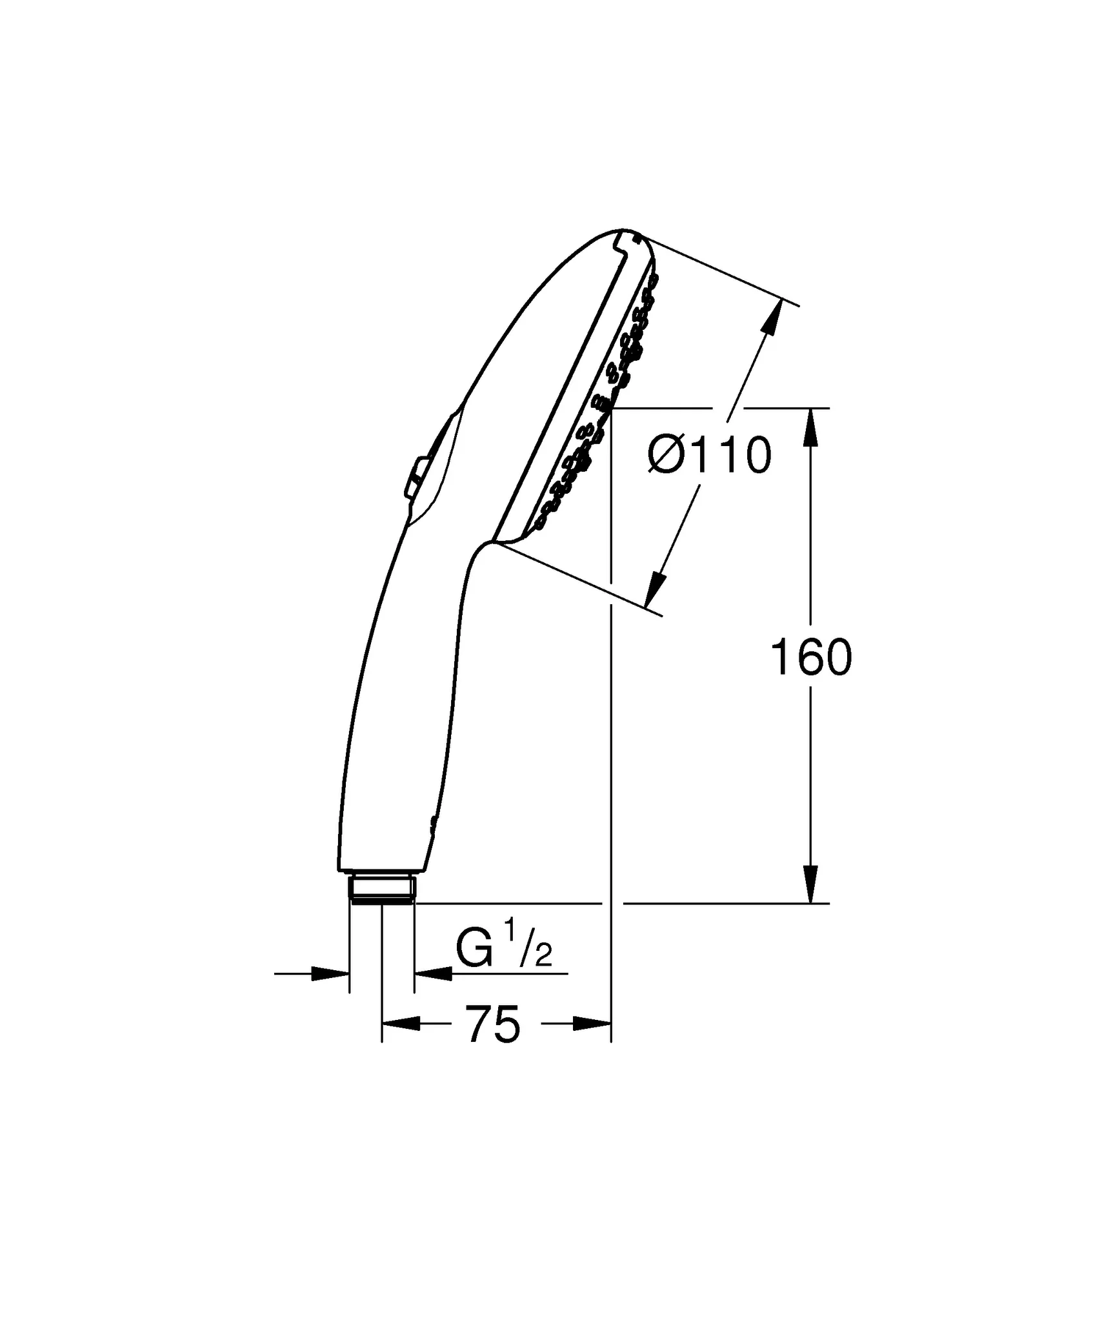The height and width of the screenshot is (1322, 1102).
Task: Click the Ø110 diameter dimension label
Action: [x=710, y=455]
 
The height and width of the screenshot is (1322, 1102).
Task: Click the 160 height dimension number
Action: [x=811, y=658]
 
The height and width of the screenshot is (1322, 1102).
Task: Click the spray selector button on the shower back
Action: [x=414, y=477]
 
